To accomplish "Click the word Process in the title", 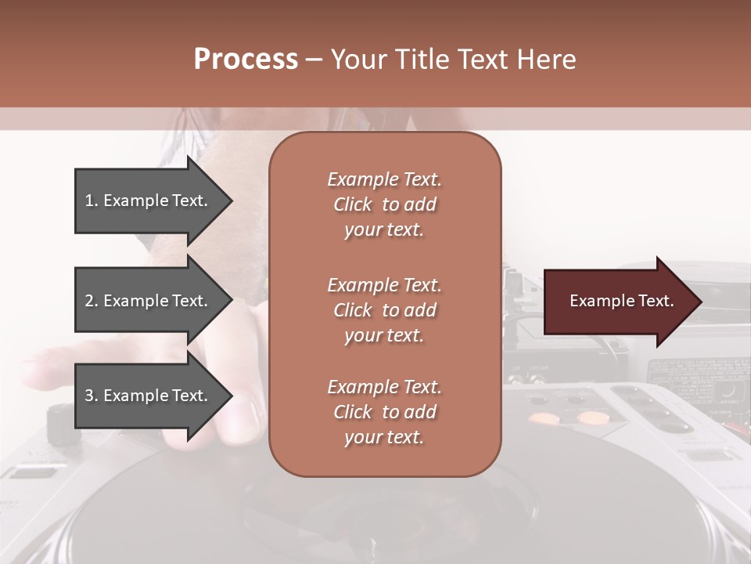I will (x=246, y=60).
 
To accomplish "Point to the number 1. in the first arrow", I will (x=92, y=201).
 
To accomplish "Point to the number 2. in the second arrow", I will (x=92, y=301).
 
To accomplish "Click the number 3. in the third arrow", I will (x=92, y=396).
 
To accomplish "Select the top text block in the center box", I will (x=384, y=204).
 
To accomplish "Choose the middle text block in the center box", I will (x=384, y=310).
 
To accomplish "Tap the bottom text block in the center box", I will (x=384, y=412).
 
